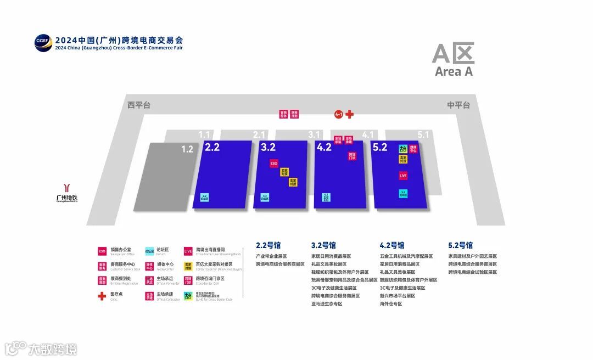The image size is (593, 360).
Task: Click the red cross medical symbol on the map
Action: pyautogui.click(x=349, y=114)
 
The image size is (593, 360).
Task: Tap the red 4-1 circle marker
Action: pyautogui.click(x=339, y=114)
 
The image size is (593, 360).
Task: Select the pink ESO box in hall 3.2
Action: pyautogui.click(x=273, y=164)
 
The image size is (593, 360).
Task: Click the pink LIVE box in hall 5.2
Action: pyautogui.click(x=403, y=176)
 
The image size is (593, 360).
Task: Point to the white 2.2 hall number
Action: pyautogui.click(x=212, y=147)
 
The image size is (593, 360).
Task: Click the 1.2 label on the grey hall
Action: pyautogui.click(x=187, y=149)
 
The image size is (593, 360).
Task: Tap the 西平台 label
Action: pyautogui.click(x=138, y=105)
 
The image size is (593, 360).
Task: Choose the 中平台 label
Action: pyautogui.click(x=458, y=105)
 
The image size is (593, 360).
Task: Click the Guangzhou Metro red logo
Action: pyautogui.click(x=67, y=188)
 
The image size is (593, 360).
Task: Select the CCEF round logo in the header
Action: pyautogui.click(x=42, y=43)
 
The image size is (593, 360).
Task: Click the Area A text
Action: pyautogui.click(x=454, y=71)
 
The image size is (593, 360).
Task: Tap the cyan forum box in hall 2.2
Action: pyautogui.click(x=204, y=196)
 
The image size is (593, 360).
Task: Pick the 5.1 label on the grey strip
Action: pyautogui.click(x=423, y=134)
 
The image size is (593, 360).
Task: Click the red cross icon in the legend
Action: pyautogui.click(x=102, y=296)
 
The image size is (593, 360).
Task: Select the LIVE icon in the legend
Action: pyautogui.click(x=188, y=251)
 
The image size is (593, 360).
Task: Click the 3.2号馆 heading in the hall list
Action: pyautogui.click(x=323, y=245)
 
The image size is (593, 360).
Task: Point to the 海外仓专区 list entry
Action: pyautogui.click(x=391, y=303)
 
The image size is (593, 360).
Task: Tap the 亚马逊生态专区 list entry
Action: pyautogui.click(x=327, y=303)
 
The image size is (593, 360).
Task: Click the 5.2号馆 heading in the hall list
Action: pyautogui.click(x=460, y=245)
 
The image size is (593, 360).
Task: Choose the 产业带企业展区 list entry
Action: pyautogui.click(x=271, y=256)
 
